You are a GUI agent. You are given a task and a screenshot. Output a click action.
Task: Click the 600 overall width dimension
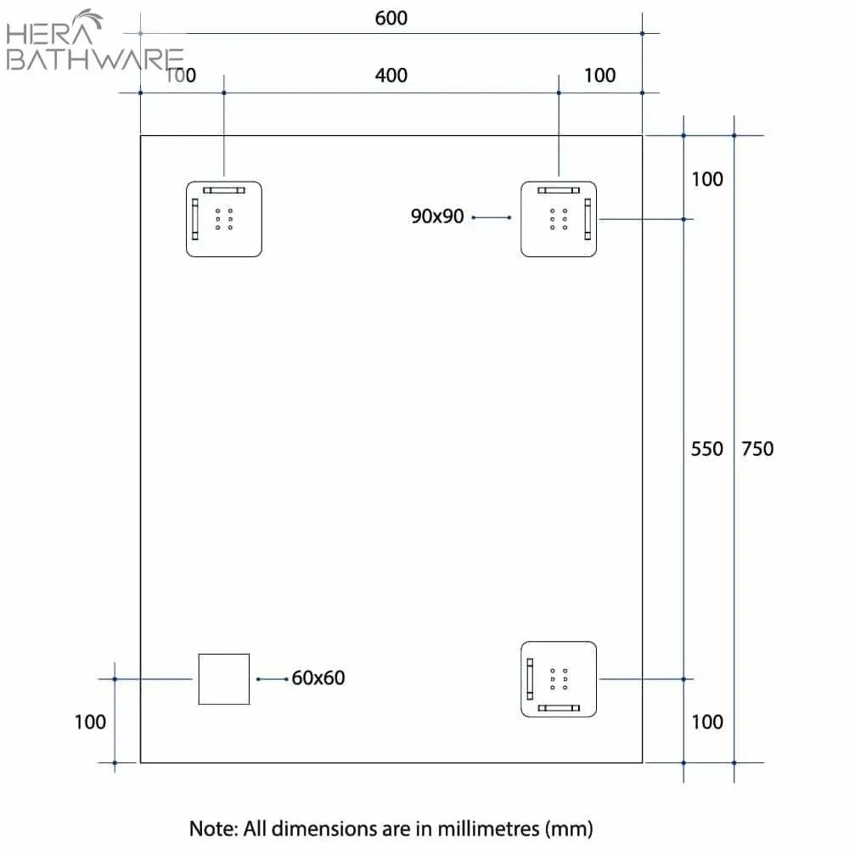[391, 18]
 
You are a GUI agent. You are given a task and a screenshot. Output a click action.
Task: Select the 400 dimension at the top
[391, 76]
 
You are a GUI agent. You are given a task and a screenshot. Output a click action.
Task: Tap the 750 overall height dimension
[757, 448]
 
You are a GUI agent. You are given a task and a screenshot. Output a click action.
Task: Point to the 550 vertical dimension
[706, 448]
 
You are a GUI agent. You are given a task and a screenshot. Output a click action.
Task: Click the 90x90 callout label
[437, 216]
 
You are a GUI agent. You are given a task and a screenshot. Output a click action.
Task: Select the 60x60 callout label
[318, 678]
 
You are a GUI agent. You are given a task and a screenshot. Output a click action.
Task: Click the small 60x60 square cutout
[224, 679]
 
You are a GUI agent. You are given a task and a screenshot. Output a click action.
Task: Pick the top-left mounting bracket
[224, 219]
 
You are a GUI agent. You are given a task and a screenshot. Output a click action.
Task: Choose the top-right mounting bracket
[559, 219]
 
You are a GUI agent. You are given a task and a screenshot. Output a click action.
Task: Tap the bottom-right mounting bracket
[559, 680]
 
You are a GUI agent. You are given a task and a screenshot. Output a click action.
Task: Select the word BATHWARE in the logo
[93, 59]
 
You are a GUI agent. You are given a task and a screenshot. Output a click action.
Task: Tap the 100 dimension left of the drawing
[90, 722]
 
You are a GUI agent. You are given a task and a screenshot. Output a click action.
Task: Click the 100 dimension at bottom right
[707, 722]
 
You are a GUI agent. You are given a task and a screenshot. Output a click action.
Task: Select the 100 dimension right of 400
[600, 76]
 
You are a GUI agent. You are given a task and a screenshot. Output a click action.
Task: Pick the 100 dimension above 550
[707, 179]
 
